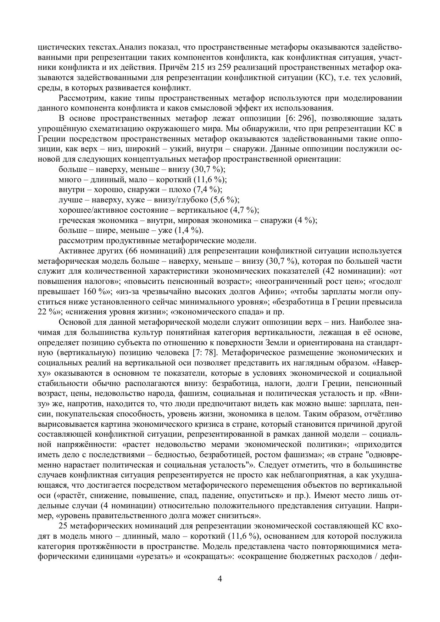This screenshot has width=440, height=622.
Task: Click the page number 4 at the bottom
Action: click(x=220, y=579)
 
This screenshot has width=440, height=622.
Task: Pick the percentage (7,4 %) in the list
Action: click(x=207, y=190)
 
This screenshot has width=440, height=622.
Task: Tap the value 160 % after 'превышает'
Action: click(x=95, y=292)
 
